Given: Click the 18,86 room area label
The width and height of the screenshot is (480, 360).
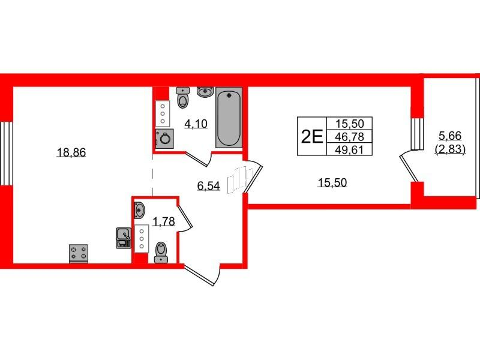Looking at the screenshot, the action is (71, 152).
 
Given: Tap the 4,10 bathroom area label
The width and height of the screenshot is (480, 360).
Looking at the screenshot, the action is (196, 124).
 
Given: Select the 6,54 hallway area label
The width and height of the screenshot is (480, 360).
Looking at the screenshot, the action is (208, 185).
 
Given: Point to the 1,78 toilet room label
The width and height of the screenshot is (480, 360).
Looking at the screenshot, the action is (164, 221).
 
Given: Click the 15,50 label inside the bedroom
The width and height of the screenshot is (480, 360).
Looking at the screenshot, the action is (332, 183).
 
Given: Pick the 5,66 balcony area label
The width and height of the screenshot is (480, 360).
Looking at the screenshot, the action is (450, 136).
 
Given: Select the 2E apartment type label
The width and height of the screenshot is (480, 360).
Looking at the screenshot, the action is (312, 137).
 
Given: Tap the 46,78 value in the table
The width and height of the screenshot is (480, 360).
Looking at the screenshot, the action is (349, 137).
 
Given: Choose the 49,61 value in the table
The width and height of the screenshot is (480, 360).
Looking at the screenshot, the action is (349, 149).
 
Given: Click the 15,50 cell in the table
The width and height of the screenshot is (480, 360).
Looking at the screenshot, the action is (349, 124).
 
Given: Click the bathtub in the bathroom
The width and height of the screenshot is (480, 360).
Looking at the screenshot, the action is (229, 118).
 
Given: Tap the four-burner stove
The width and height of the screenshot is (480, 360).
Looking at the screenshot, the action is (79, 253).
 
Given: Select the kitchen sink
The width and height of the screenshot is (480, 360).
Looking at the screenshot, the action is (124, 238).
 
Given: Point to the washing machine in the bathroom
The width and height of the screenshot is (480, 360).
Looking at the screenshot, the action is (164, 139).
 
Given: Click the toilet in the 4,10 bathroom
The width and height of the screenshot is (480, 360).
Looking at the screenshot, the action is (183, 98).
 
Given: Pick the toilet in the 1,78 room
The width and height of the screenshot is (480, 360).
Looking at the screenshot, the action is (161, 252).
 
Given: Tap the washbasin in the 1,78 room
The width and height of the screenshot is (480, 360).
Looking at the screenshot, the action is (140, 210).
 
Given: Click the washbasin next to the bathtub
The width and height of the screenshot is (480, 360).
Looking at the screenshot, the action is (205, 92).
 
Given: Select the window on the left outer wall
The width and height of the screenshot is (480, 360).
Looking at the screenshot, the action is (7, 154).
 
